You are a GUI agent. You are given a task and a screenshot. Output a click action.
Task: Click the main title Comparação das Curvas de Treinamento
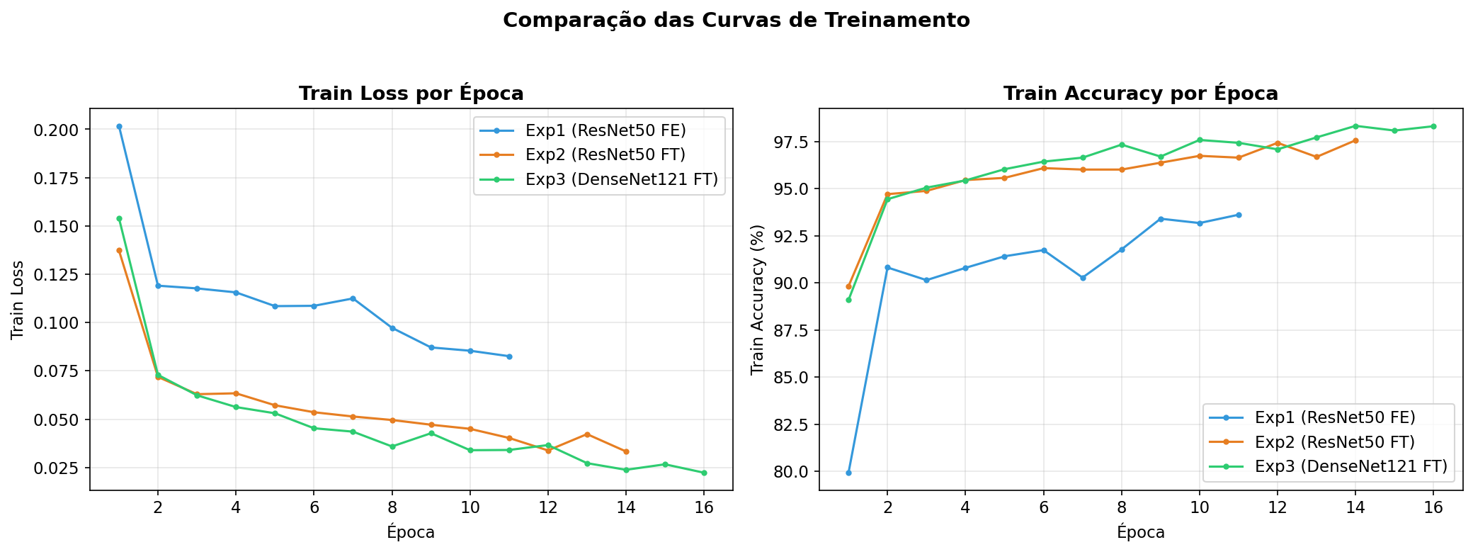[736, 21]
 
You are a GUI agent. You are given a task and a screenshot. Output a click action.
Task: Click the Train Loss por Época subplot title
[411, 94]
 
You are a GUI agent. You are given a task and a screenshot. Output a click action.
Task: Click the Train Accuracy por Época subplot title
[1140, 94]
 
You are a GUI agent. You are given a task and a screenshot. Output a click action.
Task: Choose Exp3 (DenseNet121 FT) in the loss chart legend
[621, 180]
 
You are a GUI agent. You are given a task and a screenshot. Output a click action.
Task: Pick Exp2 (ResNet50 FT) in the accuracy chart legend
[1334, 442]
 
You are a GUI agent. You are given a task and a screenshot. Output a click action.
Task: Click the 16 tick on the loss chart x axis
[703, 507]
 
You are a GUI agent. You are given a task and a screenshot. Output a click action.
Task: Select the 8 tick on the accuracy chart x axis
[1121, 507]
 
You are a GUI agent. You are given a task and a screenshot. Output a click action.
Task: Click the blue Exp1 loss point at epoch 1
[119, 127]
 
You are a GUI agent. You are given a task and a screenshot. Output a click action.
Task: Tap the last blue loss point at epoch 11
[509, 356]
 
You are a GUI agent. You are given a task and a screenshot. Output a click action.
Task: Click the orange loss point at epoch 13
[587, 434]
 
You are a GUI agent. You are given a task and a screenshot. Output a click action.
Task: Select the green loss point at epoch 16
[704, 473]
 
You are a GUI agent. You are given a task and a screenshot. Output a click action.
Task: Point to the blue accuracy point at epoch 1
[848, 473]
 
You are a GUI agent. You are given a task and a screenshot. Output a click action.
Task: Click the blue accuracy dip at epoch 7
[1083, 278]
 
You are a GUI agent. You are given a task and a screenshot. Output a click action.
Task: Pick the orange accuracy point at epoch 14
[1355, 140]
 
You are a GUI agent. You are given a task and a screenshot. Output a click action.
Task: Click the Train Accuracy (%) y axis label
[758, 299]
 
